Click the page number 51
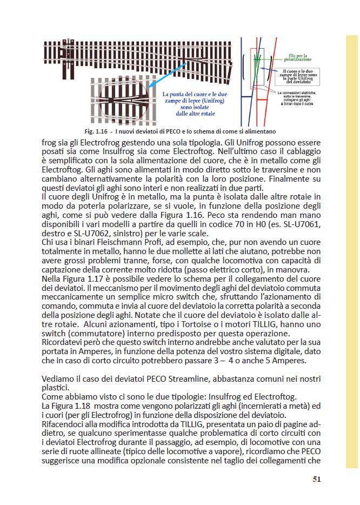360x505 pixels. coord(318,479)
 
